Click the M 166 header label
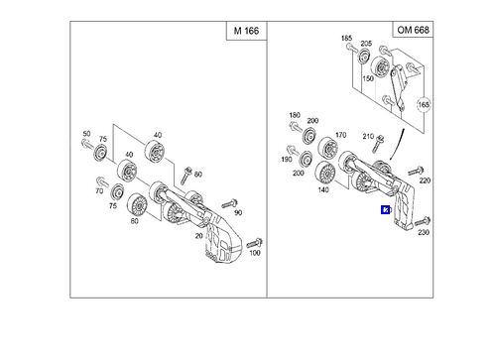pos(246,31)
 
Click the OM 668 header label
pos(413,30)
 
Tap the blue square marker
pos(385,210)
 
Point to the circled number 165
pos(424,105)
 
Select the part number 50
pos(86,134)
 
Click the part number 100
pos(255,253)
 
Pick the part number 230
pos(424,232)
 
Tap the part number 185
pos(346,38)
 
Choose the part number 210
pos(368,136)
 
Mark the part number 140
pos(323,189)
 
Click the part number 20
pos(198,236)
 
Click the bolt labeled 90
pos(229,203)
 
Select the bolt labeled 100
pos(254,243)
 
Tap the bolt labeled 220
pos(416,172)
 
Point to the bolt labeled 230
pos(423,221)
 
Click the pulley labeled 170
pos(327,149)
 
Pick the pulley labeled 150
pos(380,67)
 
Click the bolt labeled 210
pos(377,144)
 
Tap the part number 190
pos(287,159)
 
